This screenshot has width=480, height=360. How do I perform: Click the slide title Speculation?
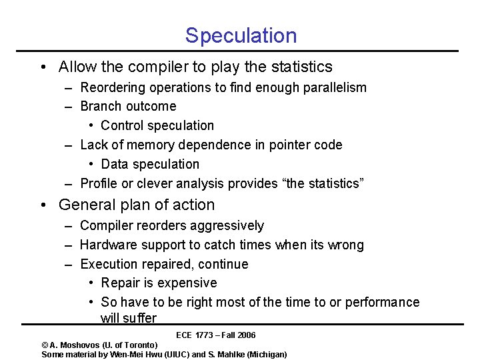pos(241,35)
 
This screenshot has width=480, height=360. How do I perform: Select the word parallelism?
pos(333,87)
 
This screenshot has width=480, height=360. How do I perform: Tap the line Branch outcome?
pos(128,107)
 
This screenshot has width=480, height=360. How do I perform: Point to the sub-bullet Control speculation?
pos(157,126)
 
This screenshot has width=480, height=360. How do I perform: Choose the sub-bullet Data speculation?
pos(150,165)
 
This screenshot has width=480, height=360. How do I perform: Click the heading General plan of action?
pos(137,205)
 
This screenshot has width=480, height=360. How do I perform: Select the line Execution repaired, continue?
pos(164,265)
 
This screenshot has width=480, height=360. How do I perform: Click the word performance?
pos(383,303)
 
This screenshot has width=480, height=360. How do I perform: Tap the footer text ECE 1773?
pos(194,335)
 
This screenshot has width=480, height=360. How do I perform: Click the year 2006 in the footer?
pos(245,335)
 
